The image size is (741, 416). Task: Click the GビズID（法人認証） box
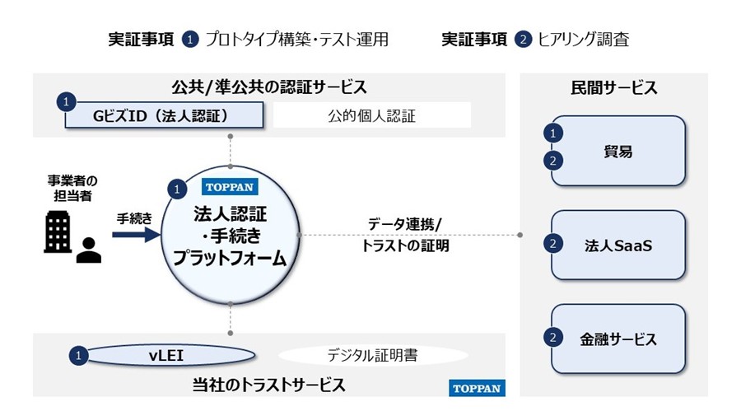164,115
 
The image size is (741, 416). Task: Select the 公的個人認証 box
372,115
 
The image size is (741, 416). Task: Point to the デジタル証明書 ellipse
373,355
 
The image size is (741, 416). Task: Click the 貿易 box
618,151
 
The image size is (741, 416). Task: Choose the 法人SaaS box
618,245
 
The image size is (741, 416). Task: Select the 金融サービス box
618,339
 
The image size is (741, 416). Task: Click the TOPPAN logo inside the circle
230,187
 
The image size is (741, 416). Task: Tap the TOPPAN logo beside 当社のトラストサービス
477,388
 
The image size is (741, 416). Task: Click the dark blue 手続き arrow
137,235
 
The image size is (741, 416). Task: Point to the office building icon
58,231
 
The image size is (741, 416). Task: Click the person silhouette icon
88,250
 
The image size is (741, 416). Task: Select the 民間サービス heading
614,88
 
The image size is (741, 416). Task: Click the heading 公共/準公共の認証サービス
269,87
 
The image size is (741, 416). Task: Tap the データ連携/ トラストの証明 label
405,235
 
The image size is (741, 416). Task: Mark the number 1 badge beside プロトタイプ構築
190,40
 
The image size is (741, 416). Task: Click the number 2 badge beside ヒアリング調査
523,40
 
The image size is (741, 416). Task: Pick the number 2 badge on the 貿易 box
553,161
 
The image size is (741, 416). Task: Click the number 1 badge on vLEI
78,356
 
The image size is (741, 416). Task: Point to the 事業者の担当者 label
72,188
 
